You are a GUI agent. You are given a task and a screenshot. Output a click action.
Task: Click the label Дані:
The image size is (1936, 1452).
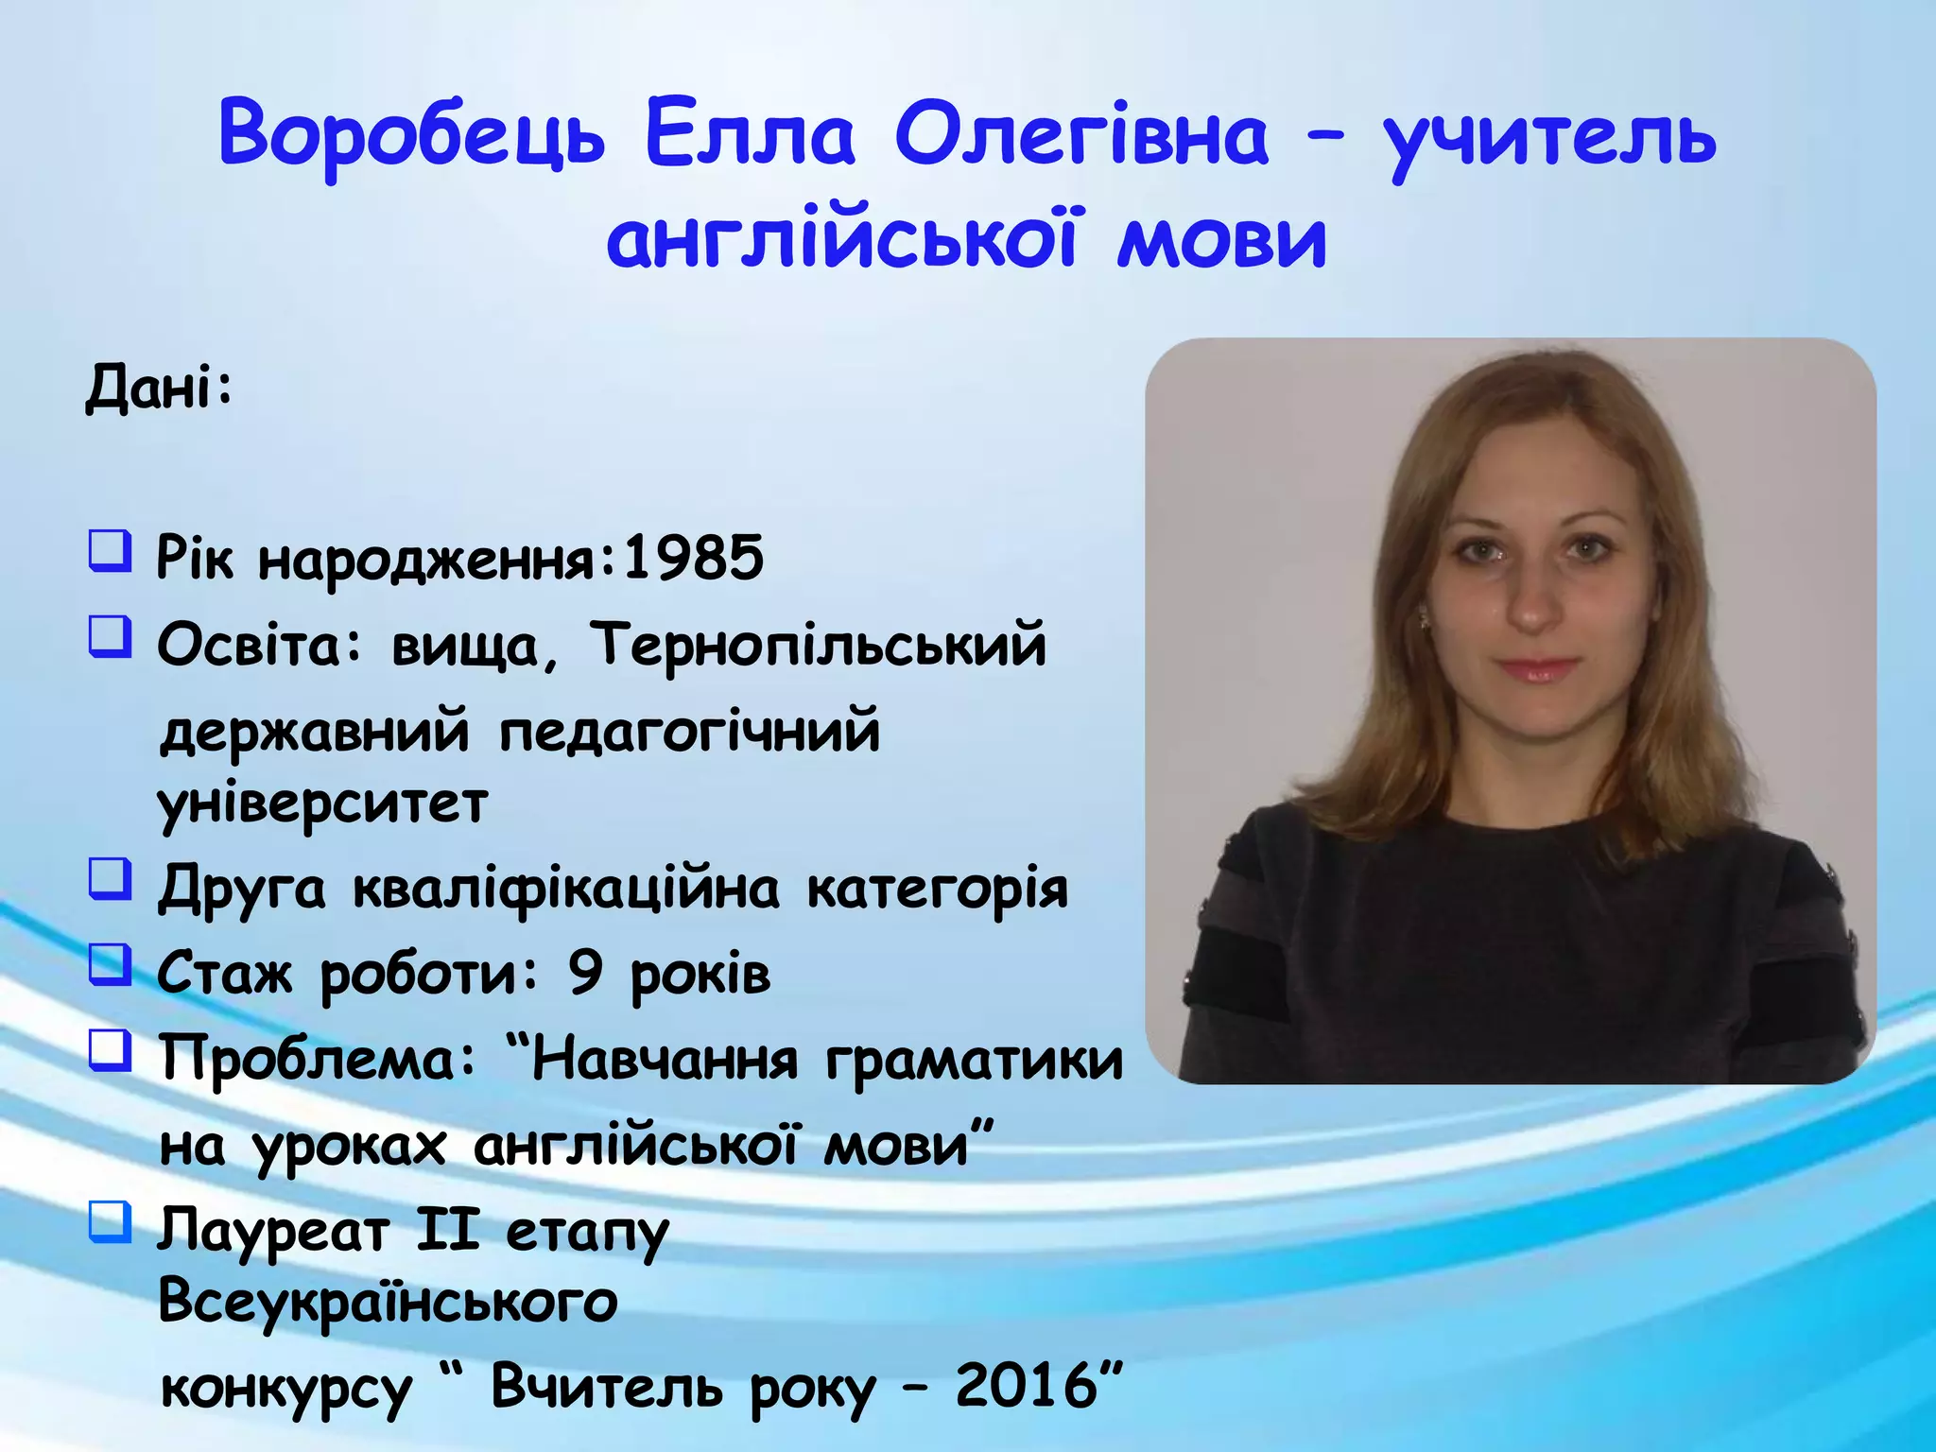159,389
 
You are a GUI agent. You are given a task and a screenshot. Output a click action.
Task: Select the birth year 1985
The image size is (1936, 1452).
693,558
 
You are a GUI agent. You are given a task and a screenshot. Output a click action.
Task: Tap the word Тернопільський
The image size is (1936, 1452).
819,647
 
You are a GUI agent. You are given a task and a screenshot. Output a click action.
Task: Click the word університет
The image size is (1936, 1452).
322,804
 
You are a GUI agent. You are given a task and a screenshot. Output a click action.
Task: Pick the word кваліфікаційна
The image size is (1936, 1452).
566,890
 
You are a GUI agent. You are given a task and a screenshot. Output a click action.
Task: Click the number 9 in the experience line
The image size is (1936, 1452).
585,973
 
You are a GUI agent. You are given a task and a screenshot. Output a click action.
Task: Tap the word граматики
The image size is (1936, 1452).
975,1060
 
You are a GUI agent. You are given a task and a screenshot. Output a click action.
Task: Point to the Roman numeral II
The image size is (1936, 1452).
447,1231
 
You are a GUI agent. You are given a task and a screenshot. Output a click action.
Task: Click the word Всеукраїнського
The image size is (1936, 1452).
388,1303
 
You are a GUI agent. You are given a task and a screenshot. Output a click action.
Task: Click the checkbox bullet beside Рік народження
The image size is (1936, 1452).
110,550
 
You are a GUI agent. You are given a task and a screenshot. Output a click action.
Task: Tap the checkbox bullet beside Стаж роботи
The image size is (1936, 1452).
110,964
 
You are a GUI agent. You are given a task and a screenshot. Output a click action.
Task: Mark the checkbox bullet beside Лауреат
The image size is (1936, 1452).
110,1221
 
